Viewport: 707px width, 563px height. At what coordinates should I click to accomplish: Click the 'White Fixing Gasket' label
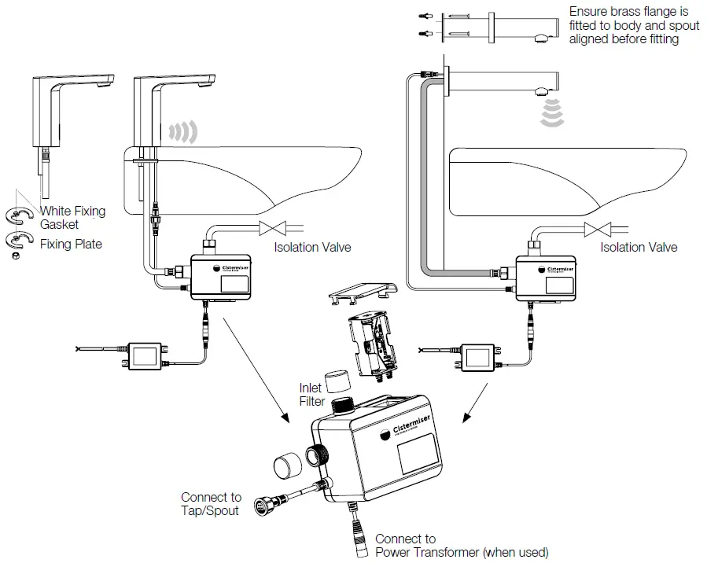coord(72,218)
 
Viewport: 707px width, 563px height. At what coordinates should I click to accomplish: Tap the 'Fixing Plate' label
coord(71,245)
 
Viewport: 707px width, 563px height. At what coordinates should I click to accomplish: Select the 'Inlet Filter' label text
coord(311,395)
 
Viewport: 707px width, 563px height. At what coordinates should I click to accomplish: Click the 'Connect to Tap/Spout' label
coord(211,504)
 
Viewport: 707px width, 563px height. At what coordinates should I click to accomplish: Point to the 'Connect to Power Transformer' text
coord(461,546)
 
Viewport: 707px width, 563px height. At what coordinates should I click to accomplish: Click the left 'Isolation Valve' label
coord(312,247)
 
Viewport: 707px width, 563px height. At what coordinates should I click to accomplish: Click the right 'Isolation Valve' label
coord(639,247)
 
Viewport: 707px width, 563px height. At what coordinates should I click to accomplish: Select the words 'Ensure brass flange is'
coord(628,11)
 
